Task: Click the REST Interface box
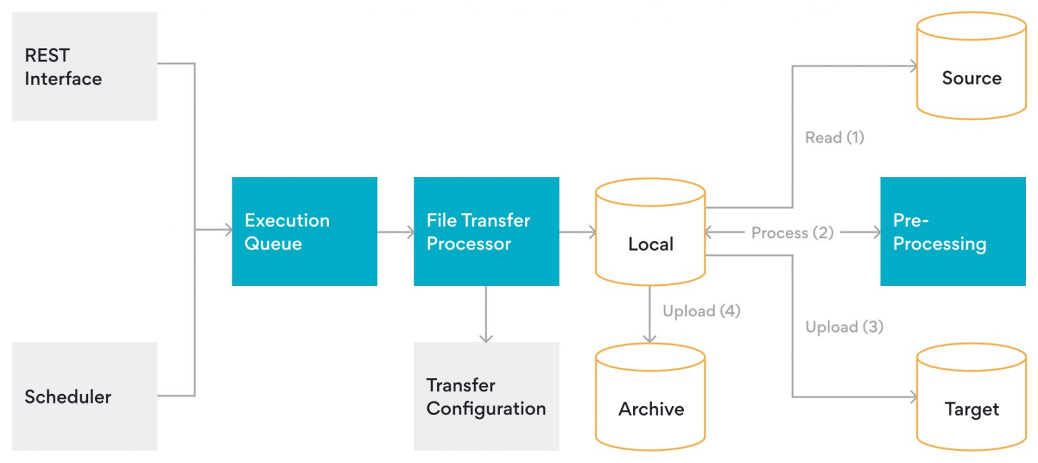tap(84, 66)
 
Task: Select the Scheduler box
tap(84, 396)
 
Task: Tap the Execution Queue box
tap(304, 231)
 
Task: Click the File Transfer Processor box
tap(486, 231)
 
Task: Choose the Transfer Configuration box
tap(486, 396)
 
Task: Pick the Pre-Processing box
tap(952, 231)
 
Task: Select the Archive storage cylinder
tap(650, 399)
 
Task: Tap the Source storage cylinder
tap(971, 68)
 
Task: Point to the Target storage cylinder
tap(971, 399)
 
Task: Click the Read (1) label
tap(834, 138)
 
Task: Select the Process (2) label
tap(792, 233)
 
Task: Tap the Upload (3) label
tap(843, 327)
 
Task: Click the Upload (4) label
tap(701, 311)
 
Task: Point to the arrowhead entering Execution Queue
tap(227, 231)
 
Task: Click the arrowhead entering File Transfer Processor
tap(410, 232)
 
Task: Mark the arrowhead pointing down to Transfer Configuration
tap(485, 337)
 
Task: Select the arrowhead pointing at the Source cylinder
tap(913, 66)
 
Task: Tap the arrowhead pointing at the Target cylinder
tap(913, 397)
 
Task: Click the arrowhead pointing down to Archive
tap(650, 338)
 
